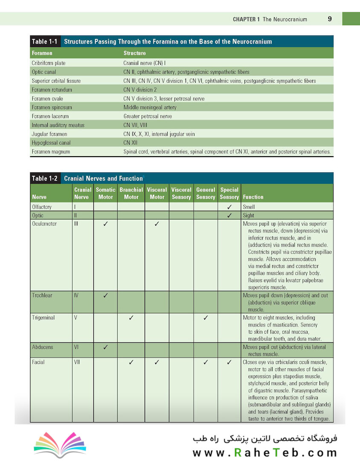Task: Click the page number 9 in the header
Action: point(330,19)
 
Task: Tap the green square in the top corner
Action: point(351,19)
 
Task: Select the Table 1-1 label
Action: point(45,42)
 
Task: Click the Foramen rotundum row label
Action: point(52,90)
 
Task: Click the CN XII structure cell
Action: point(130,143)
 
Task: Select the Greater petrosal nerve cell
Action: point(148,116)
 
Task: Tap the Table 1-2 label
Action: point(45,178)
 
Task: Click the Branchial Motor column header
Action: point(131,193)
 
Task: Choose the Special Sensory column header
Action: point(229,193)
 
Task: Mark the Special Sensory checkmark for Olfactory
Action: point(229,207)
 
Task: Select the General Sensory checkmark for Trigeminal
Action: point(205,318)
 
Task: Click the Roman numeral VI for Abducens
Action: point(76,347)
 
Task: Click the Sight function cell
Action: point(249,216)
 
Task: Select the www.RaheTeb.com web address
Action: point(264,452)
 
